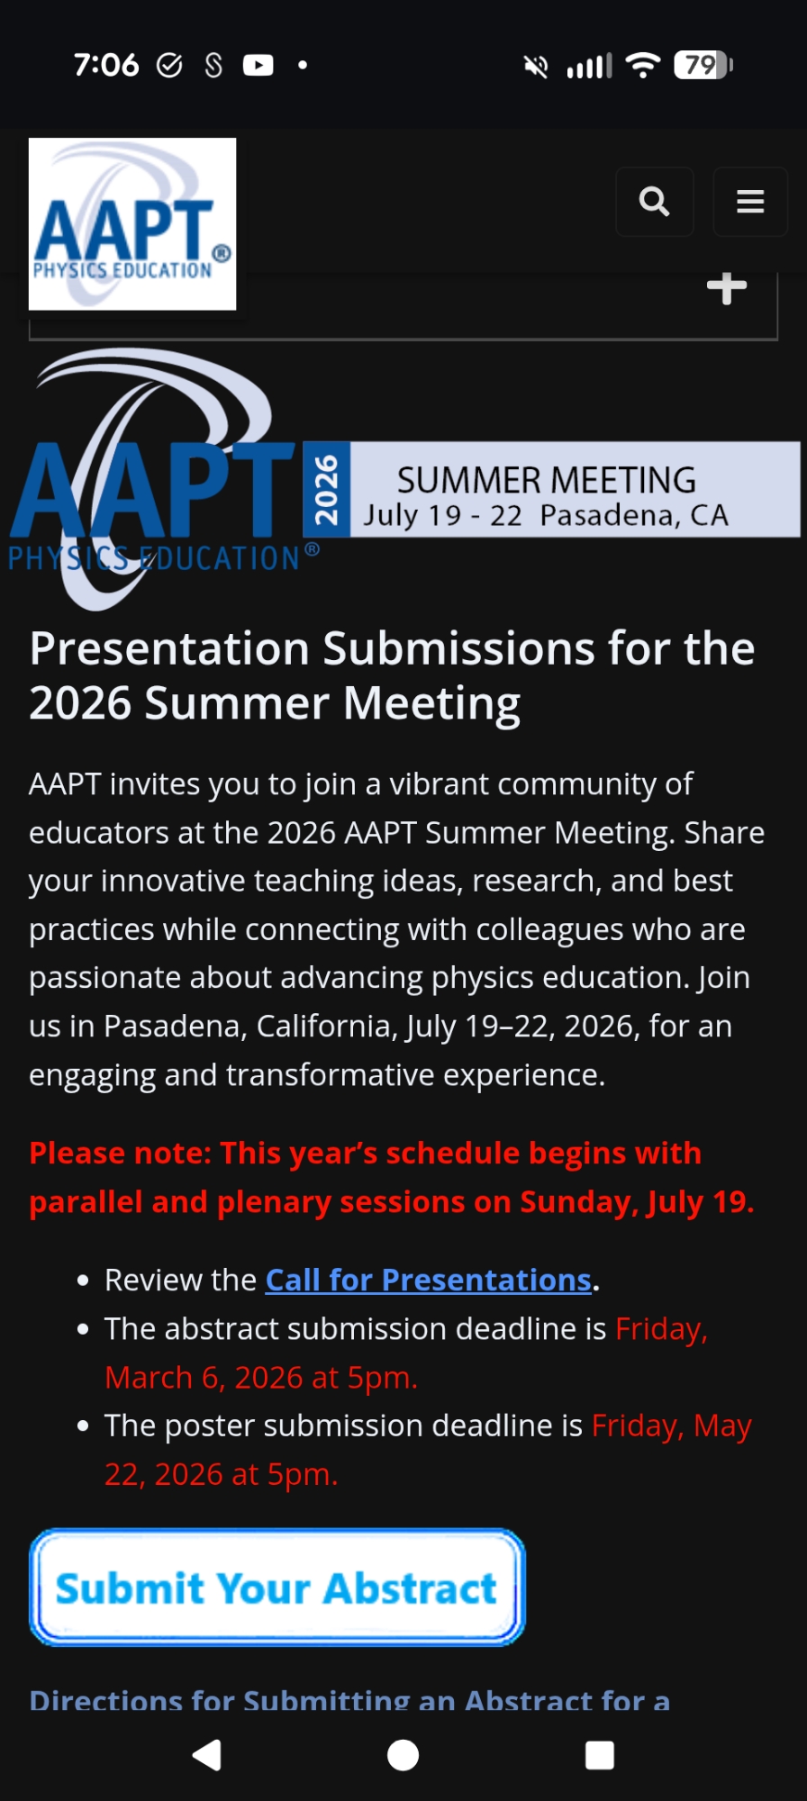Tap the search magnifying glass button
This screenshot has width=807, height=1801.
click(655, 202)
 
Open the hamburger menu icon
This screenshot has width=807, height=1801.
click(750, 202)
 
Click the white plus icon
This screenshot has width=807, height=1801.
click(727, 288)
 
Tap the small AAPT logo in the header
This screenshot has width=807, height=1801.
click(132, 224)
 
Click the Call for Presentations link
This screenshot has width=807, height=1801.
click(428, 1280)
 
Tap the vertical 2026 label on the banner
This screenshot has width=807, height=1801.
click(326, 490)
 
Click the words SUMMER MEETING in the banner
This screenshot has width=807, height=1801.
click(547, 480)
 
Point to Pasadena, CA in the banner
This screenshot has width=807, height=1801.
click(634, 516)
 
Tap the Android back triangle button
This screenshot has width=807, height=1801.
click(207, 1754)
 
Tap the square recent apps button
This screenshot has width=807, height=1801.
click(600, 1755)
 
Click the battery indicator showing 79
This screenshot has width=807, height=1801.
click(703, 65)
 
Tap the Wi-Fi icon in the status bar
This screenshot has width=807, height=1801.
click(643, 65)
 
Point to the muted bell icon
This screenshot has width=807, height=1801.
click(536, 66)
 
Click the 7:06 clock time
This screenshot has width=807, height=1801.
click(106, 65)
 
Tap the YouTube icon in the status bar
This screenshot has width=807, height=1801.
click(258, 65)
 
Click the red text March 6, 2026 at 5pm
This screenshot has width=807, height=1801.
click(261, 1378)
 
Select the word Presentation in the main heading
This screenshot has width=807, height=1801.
click(170, 648)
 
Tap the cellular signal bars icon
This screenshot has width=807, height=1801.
click(589, 66)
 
